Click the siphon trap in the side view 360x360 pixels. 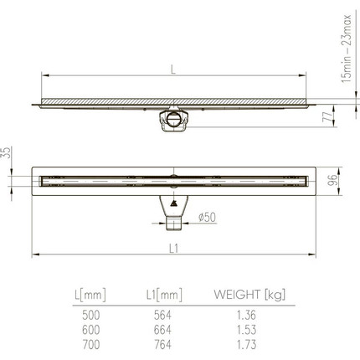(174, 121)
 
